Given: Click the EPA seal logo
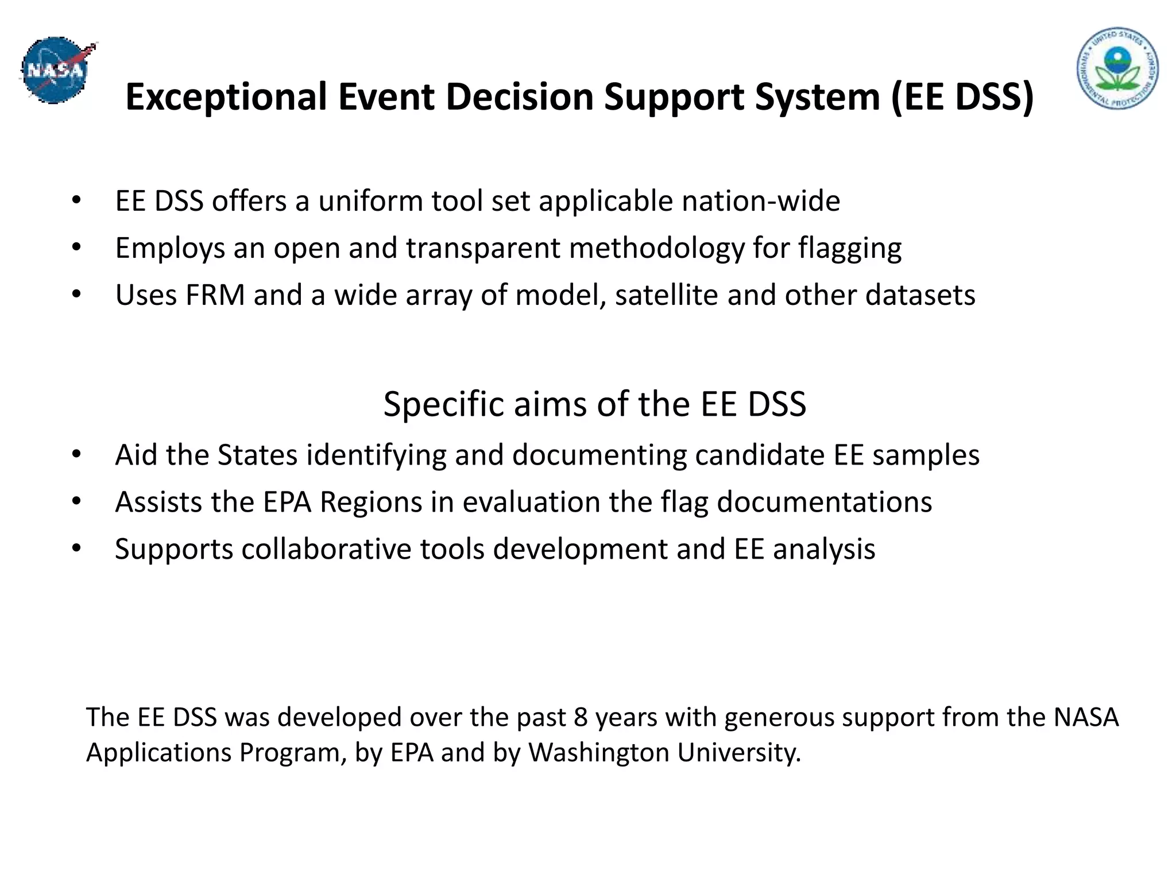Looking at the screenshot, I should (x=1117, y=68).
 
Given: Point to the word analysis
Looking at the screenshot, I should (x=823, y=550).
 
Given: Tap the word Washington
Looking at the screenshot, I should (x=598, y=753).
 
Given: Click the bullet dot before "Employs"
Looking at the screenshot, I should (x=77, y=247).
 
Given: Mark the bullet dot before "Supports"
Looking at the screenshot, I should (x=77, y=548).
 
